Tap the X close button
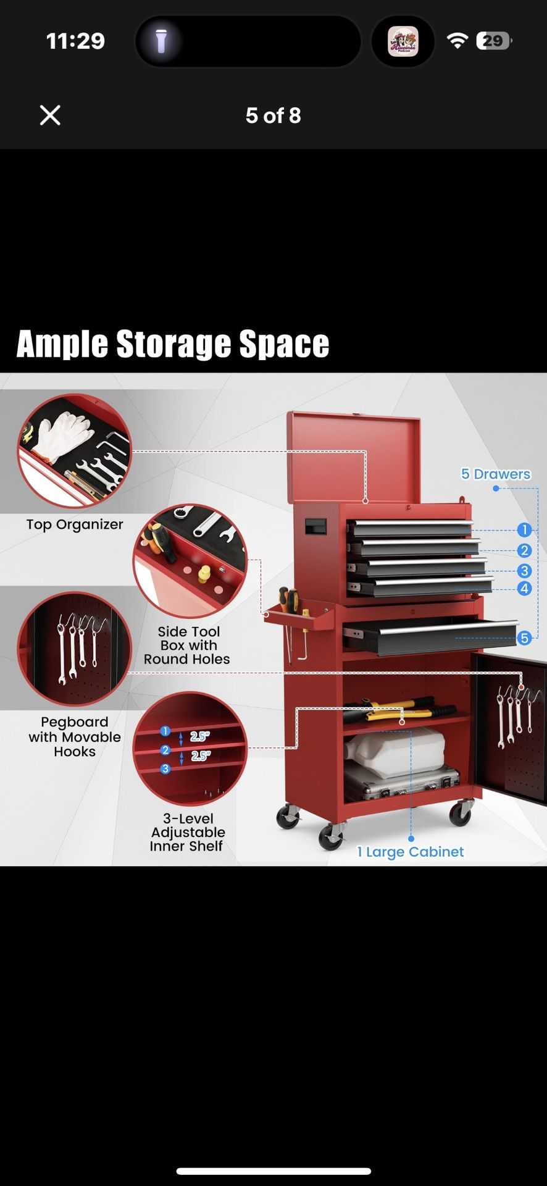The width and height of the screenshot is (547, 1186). [50, 115]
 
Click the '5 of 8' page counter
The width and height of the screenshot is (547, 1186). [273, 116]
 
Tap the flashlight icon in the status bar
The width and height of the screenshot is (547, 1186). [161, 41]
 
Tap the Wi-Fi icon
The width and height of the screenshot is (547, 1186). [457, 41]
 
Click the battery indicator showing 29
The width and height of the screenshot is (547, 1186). [493, 41]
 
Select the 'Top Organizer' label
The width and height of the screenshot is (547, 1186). [75, 524]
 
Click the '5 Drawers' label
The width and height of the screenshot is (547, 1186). [496, 474]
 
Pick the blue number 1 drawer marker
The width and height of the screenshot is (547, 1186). [524, 529]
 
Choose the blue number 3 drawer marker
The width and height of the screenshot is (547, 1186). [524, 571]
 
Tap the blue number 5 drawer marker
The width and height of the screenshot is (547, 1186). [524, 637]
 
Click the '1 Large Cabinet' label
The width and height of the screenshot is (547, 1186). [411, 852]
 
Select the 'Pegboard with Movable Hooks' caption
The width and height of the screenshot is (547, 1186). [75, 737]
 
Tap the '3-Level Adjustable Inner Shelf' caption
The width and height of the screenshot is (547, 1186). [188, 833]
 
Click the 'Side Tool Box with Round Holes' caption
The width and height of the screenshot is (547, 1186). [187, 646]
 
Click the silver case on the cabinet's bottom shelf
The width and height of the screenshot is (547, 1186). [401, 781]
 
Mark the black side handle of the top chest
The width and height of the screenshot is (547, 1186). [315, 526]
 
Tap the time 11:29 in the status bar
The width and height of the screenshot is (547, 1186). [75, 41]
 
